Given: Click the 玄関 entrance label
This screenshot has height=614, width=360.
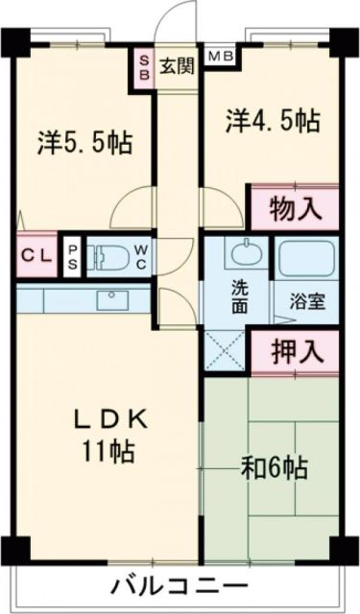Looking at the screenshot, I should (177, 66).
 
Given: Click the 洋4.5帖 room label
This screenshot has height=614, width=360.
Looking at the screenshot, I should (273, 120).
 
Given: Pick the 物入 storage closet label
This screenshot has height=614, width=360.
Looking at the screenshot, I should (294, 205).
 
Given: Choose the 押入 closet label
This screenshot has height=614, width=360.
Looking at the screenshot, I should (294, 351).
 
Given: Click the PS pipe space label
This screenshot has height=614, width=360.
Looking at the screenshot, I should (73, 257).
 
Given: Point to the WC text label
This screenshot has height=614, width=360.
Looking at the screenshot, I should (140, 257).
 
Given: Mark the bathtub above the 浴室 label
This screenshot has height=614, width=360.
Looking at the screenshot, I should (306, 256).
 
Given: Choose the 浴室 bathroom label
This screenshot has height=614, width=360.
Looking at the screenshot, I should (308, 299).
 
